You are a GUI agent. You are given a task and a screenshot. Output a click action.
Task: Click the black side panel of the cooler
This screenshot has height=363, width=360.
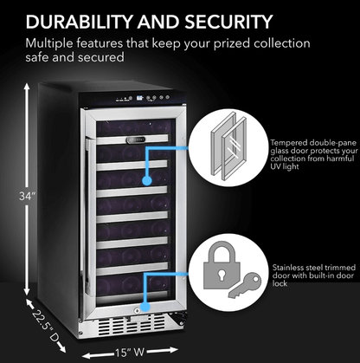61,199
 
